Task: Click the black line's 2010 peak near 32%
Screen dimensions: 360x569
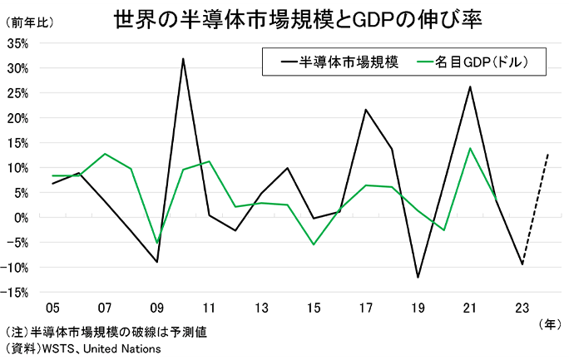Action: [183, 58]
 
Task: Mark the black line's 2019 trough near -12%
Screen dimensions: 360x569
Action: [418, 278]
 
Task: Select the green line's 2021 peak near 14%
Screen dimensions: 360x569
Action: [470, 148]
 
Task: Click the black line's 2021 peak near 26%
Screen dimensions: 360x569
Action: [470, 86]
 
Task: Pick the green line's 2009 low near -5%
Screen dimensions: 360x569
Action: [157, 243]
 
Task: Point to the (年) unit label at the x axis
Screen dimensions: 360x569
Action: [550, 322]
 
